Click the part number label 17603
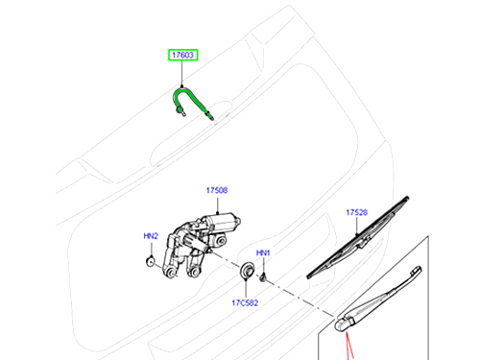pyautogui.click(x=183, y=55)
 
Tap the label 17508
pyautogui.click(x=217, y=190)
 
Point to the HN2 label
pyautogui.click(x=151, y=236)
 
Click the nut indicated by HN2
pyautogui.click(x=150, y=261)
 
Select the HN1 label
pyautogui.click(x=263, y=252)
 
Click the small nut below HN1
pyautogui.click(x=263, y=277)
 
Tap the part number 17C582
pyautogui.click(x=245, y=302)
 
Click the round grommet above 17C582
pyautogui.click(x=247, y=271)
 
